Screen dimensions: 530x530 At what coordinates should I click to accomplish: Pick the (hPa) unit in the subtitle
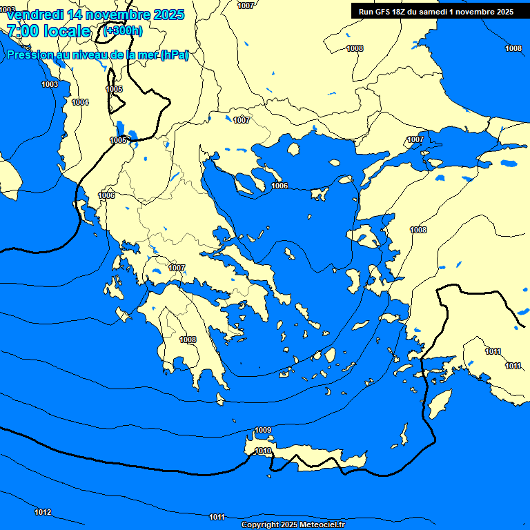(174, 55)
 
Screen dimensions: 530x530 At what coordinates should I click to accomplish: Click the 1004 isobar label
(80, 102)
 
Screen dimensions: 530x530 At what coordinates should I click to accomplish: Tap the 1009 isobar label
(263, 431)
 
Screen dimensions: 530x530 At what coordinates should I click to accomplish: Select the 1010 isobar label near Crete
(263, 451)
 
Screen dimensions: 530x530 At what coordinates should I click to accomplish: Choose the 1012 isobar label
(43, 512)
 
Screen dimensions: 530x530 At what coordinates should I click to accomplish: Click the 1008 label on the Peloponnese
(188, 340)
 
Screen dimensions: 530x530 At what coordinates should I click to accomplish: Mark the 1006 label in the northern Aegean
(279, 186)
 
